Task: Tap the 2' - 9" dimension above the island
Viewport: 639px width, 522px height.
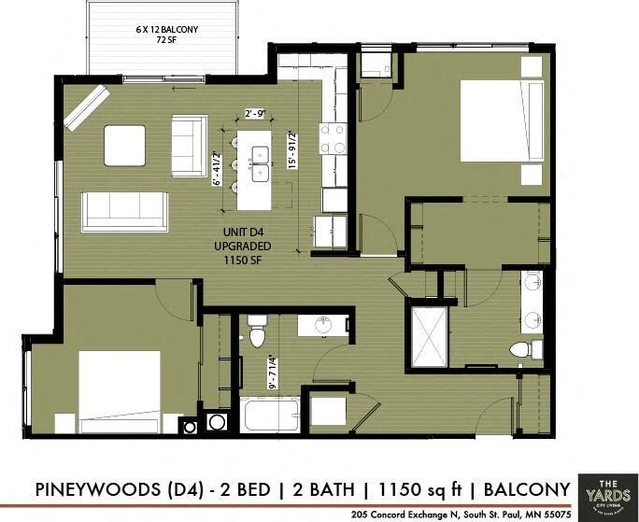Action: coord(255,114)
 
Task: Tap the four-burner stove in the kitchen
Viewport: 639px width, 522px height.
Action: coord(333,139)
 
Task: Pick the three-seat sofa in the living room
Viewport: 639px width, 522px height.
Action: coord(124,211)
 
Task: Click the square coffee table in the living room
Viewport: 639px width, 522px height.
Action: coord(124,146)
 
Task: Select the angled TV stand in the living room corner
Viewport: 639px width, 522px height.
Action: coord(85,106)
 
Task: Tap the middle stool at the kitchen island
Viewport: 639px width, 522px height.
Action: coord(231,170)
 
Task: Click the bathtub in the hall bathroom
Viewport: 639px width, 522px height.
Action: coord(270,415)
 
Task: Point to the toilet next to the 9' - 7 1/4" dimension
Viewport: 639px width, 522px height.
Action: coord(257,332)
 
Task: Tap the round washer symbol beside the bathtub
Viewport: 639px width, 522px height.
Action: coord(217,422)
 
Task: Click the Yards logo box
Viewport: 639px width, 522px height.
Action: coord(605,490)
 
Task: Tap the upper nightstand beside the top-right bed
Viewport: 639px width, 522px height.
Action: coord(532,66)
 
